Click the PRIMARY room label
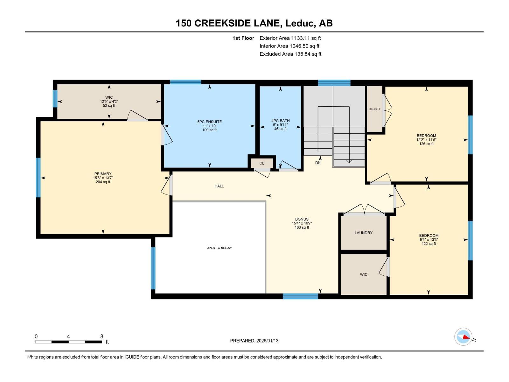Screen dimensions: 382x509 103,174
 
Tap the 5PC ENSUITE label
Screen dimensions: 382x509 209,122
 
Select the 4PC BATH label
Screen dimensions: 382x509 280,121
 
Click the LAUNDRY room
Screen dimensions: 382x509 364,233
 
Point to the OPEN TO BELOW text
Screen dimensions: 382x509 219,248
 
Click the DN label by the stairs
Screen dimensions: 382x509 318,163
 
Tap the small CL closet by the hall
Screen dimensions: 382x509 262,163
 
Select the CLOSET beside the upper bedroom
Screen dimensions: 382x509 374,109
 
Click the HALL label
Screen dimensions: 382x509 219,186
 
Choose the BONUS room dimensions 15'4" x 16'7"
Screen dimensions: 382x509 302,223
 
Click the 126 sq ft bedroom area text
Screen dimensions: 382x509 426,144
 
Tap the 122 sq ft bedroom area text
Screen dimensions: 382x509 429,244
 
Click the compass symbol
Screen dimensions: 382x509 463,337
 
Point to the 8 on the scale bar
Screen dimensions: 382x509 102,336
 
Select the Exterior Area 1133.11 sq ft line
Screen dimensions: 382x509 290,38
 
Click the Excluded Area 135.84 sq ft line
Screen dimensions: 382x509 290,54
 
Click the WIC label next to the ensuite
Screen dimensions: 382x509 109,97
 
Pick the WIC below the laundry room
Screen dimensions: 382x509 364,274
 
